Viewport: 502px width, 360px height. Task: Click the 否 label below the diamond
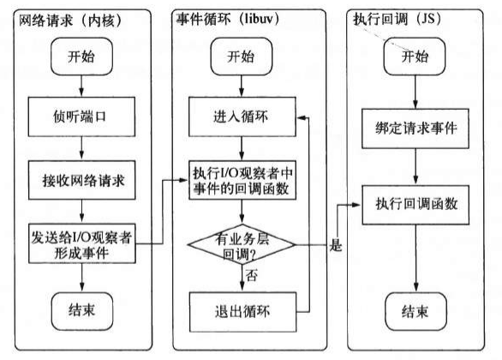click(254, 276)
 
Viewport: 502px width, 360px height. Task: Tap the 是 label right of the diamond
click(336, 246)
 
